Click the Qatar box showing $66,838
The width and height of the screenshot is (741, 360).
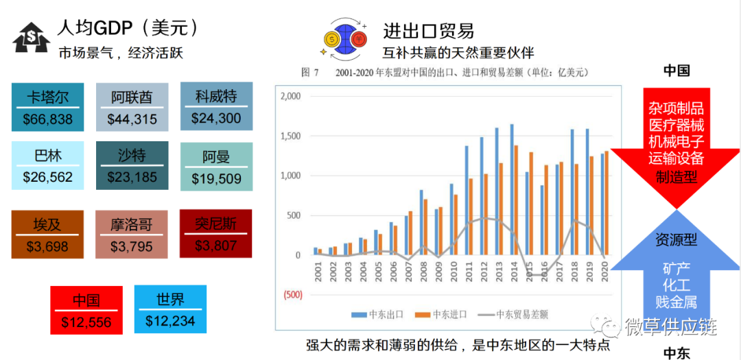(47, 108)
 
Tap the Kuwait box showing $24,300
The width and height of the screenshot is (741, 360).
(216, 106)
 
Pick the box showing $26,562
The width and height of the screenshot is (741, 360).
(47, 165)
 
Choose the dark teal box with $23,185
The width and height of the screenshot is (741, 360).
(132, 165)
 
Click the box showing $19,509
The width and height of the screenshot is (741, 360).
(216, 167)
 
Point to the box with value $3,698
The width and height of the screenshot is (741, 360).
(47, 234)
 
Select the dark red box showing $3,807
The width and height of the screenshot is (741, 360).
(216, 233)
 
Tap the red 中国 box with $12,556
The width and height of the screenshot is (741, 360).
(86, 311)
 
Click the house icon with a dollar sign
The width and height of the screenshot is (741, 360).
(31, 38)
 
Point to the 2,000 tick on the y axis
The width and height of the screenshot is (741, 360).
(292, 97)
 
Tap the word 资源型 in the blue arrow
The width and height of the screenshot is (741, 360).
(677, 240)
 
